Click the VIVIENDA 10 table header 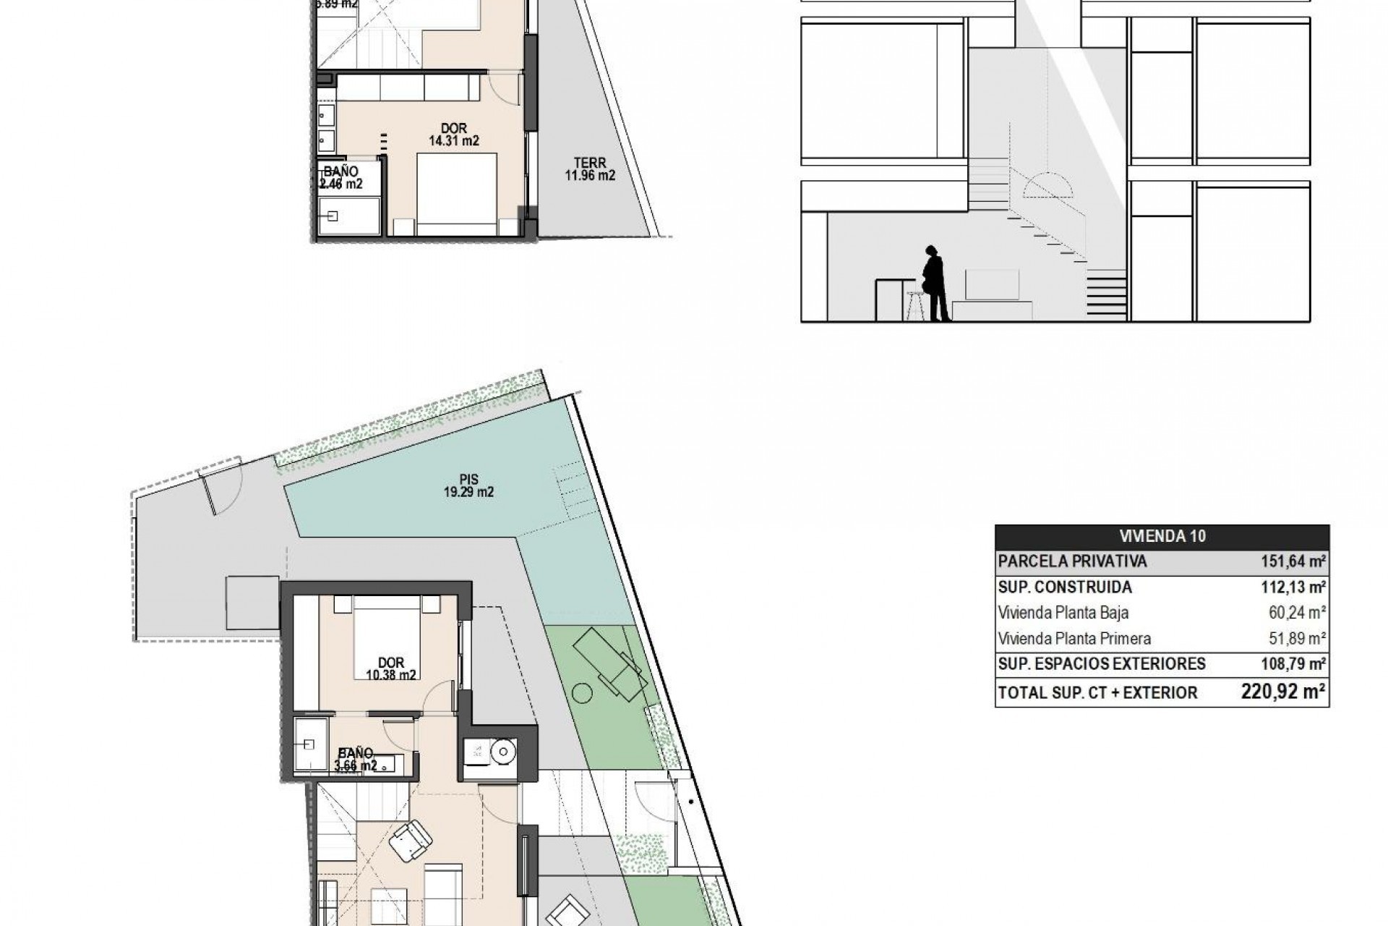click(1162, 536)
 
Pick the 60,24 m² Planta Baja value click(1292, 613)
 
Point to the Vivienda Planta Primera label click(1074, 638)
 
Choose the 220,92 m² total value click(1283, 692)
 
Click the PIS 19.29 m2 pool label click(468, 486)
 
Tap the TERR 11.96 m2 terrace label click(590, 169)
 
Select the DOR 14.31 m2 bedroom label click(454, 135)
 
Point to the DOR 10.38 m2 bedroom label click(391, 669)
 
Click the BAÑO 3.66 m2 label click(354, 759)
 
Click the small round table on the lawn click(582, 694)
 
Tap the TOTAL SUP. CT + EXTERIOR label click(1097, 692)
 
